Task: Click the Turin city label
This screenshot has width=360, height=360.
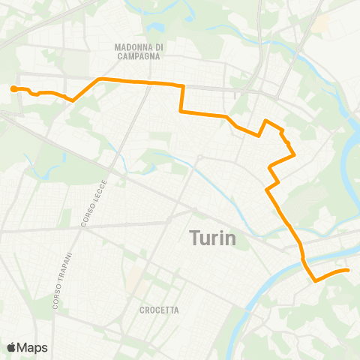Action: point(211,238)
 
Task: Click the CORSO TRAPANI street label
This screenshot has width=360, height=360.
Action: point(63,277)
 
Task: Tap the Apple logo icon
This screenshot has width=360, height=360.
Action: point(11,347)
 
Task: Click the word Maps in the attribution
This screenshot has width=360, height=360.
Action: point(33,347)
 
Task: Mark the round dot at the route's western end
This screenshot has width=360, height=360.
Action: point(13,89)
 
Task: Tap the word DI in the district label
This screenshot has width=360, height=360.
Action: point(159,46)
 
